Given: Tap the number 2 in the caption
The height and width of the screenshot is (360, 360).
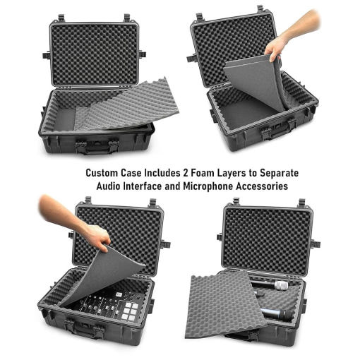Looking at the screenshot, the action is coord(186,173).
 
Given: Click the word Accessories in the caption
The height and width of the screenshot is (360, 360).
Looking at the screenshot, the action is coord(262,186).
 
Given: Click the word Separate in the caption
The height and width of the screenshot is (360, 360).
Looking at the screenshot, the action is coord(279,174).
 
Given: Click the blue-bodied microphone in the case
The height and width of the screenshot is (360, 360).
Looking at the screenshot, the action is coord(275,313).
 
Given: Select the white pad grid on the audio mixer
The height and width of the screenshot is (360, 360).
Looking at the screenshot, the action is coord(128,311).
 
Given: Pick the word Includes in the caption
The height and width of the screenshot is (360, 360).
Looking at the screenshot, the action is coord(162,173).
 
